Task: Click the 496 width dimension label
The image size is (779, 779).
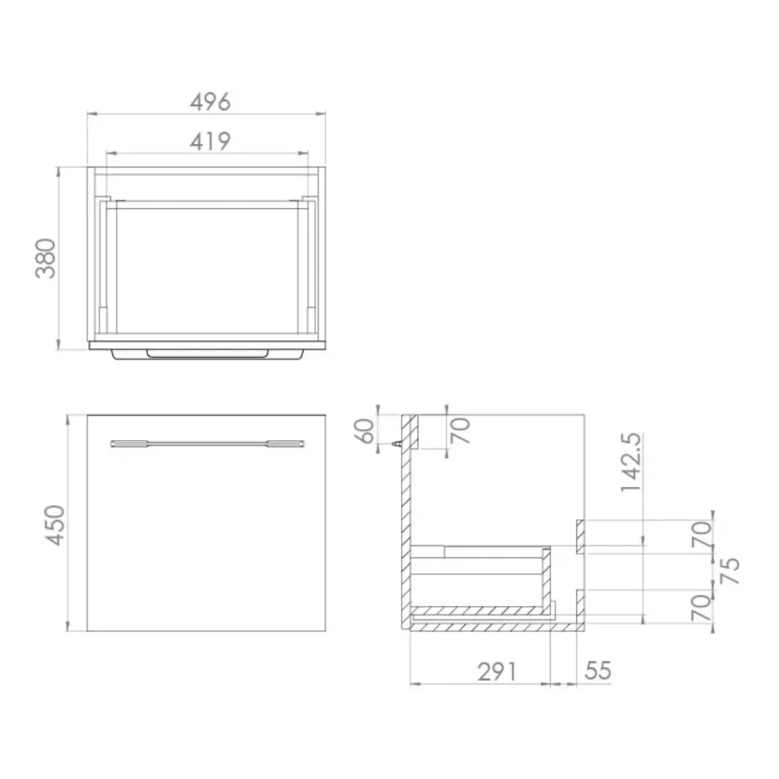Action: [210, 102]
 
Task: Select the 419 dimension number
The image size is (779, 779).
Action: [210, 141]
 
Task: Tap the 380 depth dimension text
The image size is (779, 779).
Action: [46, 258]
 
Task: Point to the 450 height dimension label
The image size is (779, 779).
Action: [55, 524]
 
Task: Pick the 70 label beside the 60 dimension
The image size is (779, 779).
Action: [461, 431]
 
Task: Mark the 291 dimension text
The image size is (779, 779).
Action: [498, 671]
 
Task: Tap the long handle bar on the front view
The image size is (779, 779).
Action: [206, 443]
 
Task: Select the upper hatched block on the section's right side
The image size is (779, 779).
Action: [582, 535]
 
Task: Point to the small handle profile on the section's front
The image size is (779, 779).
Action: [398, 444]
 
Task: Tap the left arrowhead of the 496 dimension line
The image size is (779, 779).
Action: [91, 114]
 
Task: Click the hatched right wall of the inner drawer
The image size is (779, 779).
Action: [546, 578]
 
